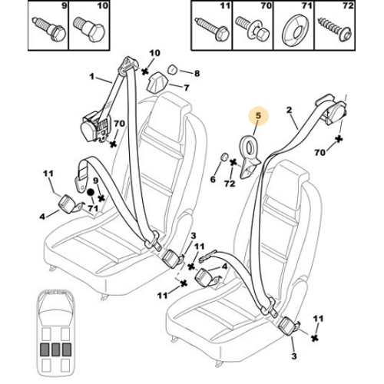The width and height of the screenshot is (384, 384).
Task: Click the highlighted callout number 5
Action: click(258, 116)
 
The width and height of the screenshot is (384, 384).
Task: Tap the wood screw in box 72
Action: click(335, 29)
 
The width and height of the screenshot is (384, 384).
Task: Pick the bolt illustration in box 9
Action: click(49, 28)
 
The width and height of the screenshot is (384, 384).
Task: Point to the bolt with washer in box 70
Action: click(252, 28)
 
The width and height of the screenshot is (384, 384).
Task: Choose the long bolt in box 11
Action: click(212, 28)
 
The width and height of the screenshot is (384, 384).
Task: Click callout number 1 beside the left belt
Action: click(92, 76)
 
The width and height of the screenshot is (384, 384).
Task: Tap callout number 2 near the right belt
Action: click(289, 110)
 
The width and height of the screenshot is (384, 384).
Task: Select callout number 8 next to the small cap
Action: click(197, 74)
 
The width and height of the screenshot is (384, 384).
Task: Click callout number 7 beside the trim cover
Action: click(187, 88)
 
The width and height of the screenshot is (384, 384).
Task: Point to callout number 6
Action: click(213, 179)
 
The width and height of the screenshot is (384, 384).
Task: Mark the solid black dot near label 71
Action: click(91, 192)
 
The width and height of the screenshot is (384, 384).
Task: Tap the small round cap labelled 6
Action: click(224, 157)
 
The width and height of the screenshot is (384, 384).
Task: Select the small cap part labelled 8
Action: click(174, 69)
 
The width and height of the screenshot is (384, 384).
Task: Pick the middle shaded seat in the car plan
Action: click(55, 349)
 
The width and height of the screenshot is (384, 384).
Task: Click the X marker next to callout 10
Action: click(145, 71)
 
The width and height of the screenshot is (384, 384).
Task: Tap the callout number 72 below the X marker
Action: click(230, 183)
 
